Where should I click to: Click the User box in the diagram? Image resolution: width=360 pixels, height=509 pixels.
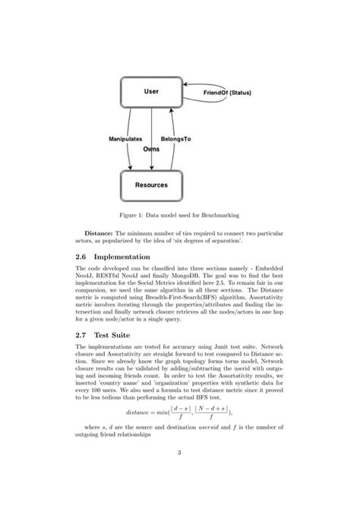point(150,92)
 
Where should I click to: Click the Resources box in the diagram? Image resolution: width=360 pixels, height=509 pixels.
point(151,185)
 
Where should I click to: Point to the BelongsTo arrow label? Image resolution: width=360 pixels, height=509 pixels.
point(175,140)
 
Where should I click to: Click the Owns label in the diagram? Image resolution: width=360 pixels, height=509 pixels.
point(151,150)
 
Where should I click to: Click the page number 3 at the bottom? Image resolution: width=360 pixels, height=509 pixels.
point(179,454)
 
